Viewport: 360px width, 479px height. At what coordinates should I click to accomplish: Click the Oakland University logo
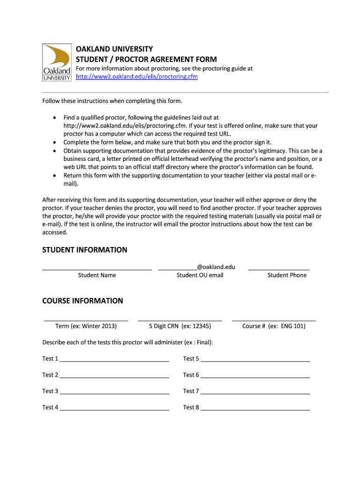[57, 62]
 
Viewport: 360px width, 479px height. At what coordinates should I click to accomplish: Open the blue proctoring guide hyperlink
[137, 77]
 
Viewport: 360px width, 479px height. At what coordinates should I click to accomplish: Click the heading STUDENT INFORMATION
[85, 250]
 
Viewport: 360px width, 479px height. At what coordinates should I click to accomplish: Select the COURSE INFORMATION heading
[83, 301]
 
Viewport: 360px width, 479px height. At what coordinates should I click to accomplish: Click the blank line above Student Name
[97, 269]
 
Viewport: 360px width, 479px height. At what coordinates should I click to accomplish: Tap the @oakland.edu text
[216, 267]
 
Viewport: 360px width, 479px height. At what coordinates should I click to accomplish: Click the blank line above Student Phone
[279, 269]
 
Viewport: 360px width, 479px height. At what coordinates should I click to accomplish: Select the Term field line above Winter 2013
[86, 320]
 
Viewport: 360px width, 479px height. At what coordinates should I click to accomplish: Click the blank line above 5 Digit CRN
[180, 320]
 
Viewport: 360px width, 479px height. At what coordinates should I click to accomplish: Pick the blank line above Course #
[274, 320]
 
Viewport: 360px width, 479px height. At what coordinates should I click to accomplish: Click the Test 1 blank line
[114, 361]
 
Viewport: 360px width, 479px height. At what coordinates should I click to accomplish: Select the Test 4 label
[50, 407]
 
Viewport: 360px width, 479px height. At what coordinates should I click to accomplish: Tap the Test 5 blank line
[255, 361]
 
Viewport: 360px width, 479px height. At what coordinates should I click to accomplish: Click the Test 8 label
[191, 407]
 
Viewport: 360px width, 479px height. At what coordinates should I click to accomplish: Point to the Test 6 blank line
[255, 377]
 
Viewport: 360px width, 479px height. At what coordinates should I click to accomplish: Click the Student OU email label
[200, 275]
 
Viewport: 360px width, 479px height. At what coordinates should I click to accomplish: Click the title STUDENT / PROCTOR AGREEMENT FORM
[146, 59]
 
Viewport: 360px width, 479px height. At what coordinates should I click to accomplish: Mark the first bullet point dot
[55, 118]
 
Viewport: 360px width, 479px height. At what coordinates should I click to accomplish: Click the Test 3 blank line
[114, 393]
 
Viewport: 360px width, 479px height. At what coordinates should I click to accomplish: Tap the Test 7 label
[191, 391]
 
